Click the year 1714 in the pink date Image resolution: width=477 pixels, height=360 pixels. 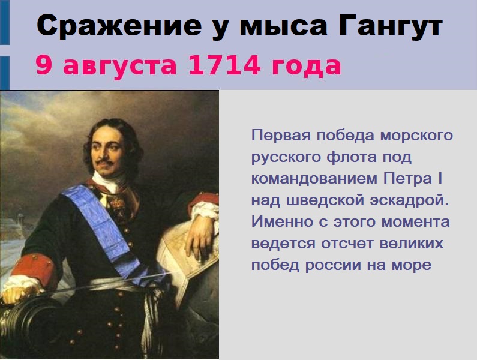click(224, 65)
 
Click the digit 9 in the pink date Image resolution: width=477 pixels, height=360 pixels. click(44, 65)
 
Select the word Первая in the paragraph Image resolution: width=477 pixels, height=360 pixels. click(281, 136)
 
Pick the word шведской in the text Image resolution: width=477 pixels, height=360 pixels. click(326, 200)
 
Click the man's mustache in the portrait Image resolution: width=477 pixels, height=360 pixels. click(104, 161)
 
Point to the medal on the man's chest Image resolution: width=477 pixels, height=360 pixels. click(118, 205)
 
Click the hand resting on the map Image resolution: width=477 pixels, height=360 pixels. click(200, 235)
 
